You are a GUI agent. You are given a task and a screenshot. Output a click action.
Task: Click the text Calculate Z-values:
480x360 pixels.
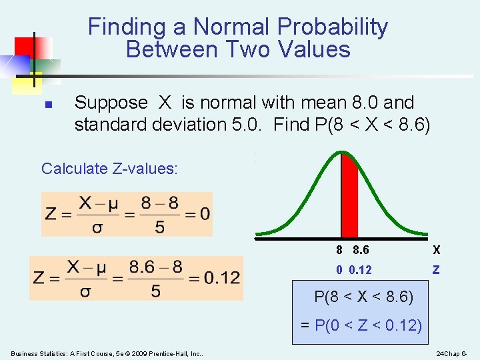pyautogui.click(x=109, y=169)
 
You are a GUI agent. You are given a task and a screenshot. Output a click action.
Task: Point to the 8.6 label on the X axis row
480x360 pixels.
pyautogui.click(x=361, y=250)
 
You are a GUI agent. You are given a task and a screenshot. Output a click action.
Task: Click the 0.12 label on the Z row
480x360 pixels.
pyautogui.click(x=360, y=270)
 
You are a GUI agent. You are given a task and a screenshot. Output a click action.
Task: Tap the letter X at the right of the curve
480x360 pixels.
pyautogui.click(x=437, y=250)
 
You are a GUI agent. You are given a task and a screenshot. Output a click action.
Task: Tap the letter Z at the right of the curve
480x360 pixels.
pyautogui.click(x=436, y=270)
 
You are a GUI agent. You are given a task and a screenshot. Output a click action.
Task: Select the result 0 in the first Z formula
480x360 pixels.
pyautogui.click(x=204, y=214)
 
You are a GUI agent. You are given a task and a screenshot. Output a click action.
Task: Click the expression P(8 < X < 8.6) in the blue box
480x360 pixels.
pyautogui.click(x=363, y=297)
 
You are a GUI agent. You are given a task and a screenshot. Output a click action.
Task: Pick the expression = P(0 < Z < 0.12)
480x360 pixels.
pyautogui.click(x=361, y=325)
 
